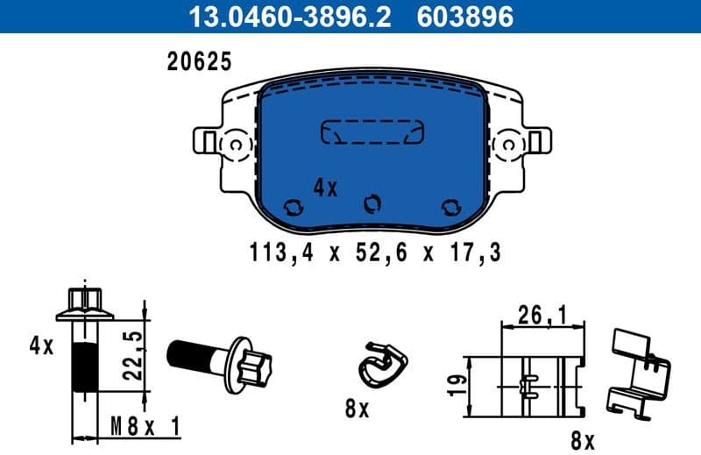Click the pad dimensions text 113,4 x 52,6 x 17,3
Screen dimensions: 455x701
376,254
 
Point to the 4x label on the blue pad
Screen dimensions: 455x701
325,188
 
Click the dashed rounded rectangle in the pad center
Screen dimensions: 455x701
372,131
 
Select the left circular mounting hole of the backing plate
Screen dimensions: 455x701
235,144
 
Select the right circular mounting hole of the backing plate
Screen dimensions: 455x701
509,144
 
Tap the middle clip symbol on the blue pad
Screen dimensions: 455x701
372,203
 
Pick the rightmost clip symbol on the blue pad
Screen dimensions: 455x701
451,206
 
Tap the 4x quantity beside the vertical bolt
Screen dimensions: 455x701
40,345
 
